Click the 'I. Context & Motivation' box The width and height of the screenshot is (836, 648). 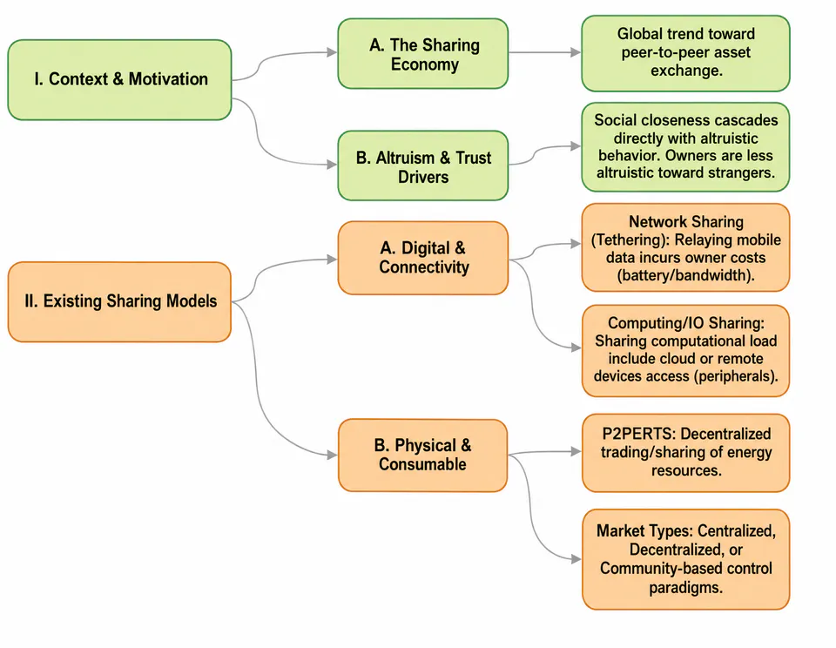[119, 79]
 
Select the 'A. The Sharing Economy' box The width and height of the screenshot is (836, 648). [423, 54]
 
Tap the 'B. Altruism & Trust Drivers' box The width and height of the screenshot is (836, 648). [423, 165]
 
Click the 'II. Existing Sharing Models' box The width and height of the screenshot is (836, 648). [119, 302]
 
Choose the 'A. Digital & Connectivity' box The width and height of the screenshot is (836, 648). [423, 258]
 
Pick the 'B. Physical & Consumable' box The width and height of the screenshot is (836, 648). [423, 456]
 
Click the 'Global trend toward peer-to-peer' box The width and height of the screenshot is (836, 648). [685, 53]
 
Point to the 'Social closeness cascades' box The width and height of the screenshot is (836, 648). [685, 147]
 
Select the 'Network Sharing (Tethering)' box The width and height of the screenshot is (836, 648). [685, 247]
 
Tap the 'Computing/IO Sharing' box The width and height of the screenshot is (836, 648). [685, 350]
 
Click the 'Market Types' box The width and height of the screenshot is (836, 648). [685, 559]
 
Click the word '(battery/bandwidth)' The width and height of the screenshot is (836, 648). [685, 275]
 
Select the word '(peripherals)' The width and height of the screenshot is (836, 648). [736, 376]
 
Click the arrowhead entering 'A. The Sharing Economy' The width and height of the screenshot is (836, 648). [332, 52]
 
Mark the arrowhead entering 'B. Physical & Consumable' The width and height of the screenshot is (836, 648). [332, 455]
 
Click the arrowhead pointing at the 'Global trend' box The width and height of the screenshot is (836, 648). [576, 52]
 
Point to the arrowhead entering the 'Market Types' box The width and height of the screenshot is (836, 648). [576, 559]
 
